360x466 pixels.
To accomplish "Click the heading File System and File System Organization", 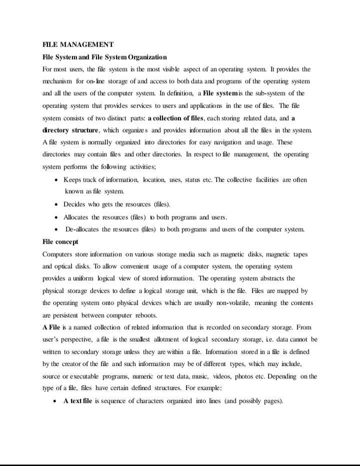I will (x=105, y=57).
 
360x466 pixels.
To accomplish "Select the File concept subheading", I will (x=60, y=242).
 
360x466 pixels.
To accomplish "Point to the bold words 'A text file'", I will (x=77, y=401).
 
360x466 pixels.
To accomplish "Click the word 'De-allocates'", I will (x=82, y=230).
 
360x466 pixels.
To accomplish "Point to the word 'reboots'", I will (x=145, y=315).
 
